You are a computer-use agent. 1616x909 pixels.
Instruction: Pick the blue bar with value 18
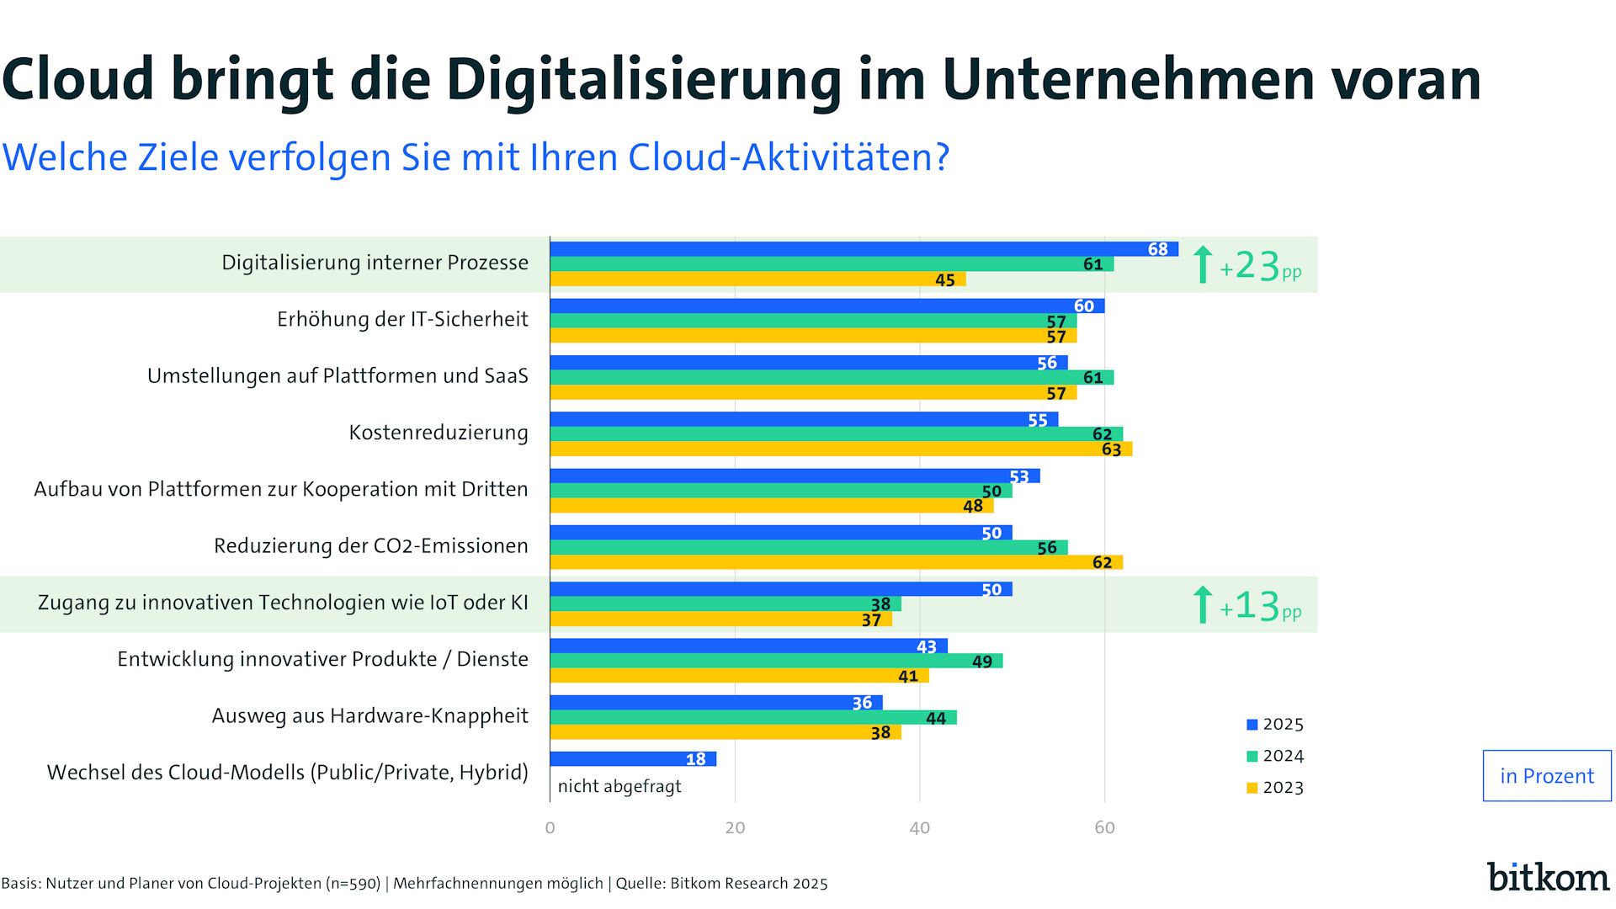pos(633,759)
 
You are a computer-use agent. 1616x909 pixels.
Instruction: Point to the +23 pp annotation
pos(1249,266)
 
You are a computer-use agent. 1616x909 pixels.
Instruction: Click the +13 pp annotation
pos(1249,606)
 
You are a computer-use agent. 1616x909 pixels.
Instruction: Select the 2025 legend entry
pos(1275,725)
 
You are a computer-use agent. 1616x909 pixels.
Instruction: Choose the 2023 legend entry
pos(1275,788)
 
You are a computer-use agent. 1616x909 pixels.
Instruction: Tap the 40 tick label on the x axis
pos(919,828)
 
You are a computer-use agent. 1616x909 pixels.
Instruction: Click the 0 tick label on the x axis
pos(550,828)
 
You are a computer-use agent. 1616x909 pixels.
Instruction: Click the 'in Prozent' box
pos(1546,776)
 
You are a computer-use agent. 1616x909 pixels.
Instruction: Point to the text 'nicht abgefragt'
pos(619,787)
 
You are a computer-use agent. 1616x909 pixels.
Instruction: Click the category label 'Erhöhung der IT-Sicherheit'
pos(402,320)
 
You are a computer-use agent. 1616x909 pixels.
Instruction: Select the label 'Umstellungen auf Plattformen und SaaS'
pos(338,376)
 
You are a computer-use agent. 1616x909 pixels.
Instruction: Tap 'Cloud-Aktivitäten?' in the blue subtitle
pos(789,157)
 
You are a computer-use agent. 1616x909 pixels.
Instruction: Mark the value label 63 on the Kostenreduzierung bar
pos(1111,450)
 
